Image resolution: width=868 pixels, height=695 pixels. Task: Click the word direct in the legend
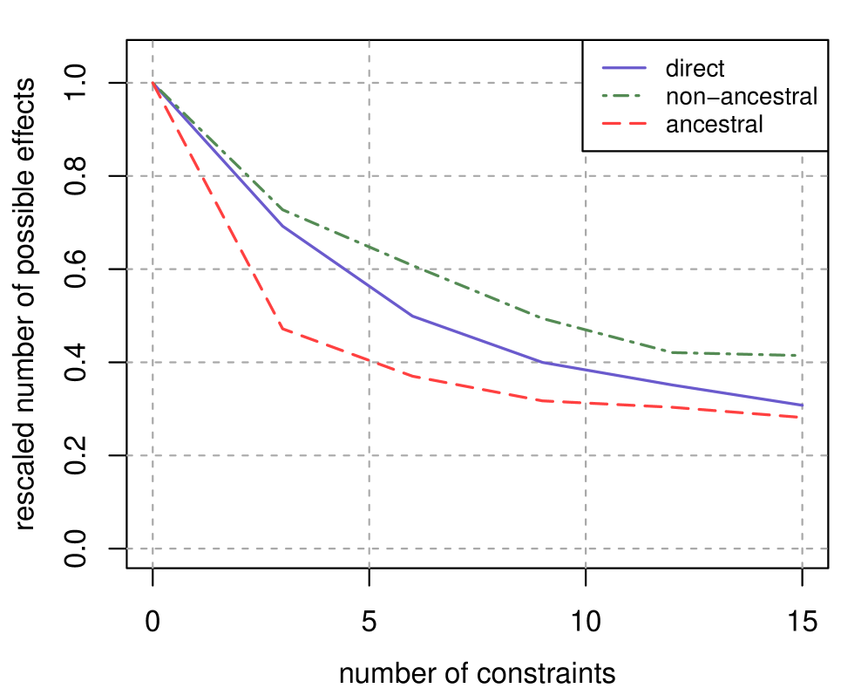coord(695,68)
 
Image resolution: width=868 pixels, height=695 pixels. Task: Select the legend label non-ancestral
coord(741,96)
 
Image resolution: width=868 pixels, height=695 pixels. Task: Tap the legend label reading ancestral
coord(714,124)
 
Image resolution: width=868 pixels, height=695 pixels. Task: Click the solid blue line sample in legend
coord(624,68)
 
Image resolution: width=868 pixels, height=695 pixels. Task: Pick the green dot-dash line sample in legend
coord(624,96)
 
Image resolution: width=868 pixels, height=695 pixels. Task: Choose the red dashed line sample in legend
coord(624,124)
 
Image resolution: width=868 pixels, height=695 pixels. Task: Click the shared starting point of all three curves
coord(153,83)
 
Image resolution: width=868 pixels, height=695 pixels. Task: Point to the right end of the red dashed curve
coord(802,418)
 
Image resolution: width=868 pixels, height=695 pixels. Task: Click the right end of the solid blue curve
coord(802,405)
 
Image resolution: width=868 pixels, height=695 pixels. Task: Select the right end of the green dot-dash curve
coord(802,355)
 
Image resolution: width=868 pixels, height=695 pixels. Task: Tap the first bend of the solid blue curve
coord(282,226)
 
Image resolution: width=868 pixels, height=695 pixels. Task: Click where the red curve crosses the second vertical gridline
coord(370,360)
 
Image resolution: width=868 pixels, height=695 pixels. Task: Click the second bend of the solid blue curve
coord(412,316)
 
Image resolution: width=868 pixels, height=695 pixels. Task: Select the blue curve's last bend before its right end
coord(542,362)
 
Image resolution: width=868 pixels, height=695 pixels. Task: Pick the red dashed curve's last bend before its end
coord(542,400)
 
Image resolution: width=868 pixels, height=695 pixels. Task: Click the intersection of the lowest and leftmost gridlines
coord(153,549)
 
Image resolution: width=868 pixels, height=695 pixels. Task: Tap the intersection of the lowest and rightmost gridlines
coord(802,549)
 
